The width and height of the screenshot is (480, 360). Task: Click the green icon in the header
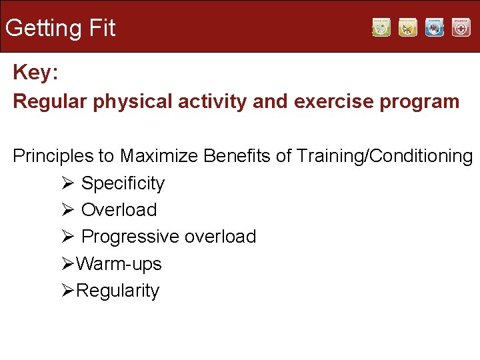click(x=381, y=27)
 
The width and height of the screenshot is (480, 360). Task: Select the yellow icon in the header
click(x=408, y=27)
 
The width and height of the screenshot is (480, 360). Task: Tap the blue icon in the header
click(x=435, y=27)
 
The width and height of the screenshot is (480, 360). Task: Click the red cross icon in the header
click(x=461, y=27)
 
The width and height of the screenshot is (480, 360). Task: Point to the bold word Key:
click(x=35, y=73)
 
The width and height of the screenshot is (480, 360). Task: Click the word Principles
click(x=53, y=156)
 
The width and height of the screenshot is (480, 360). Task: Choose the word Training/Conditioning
click(x=385, y=156)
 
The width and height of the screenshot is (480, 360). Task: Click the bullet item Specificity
click(x=123, y=183)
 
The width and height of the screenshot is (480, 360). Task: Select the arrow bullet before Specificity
click(x=65, y=183)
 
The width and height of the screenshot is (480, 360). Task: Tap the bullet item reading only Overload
click(x=119, y=210)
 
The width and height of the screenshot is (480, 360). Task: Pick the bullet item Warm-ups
click(x=119, y=264)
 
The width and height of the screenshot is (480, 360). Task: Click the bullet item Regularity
click(x=117, y=291)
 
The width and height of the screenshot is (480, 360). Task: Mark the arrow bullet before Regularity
click(x=65, y=291)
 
